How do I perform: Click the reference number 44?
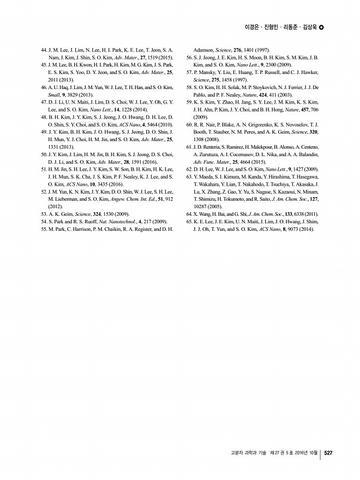coord(44,51)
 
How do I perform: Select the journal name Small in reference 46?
coord(55,94)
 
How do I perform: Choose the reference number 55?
coord(44,229)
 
